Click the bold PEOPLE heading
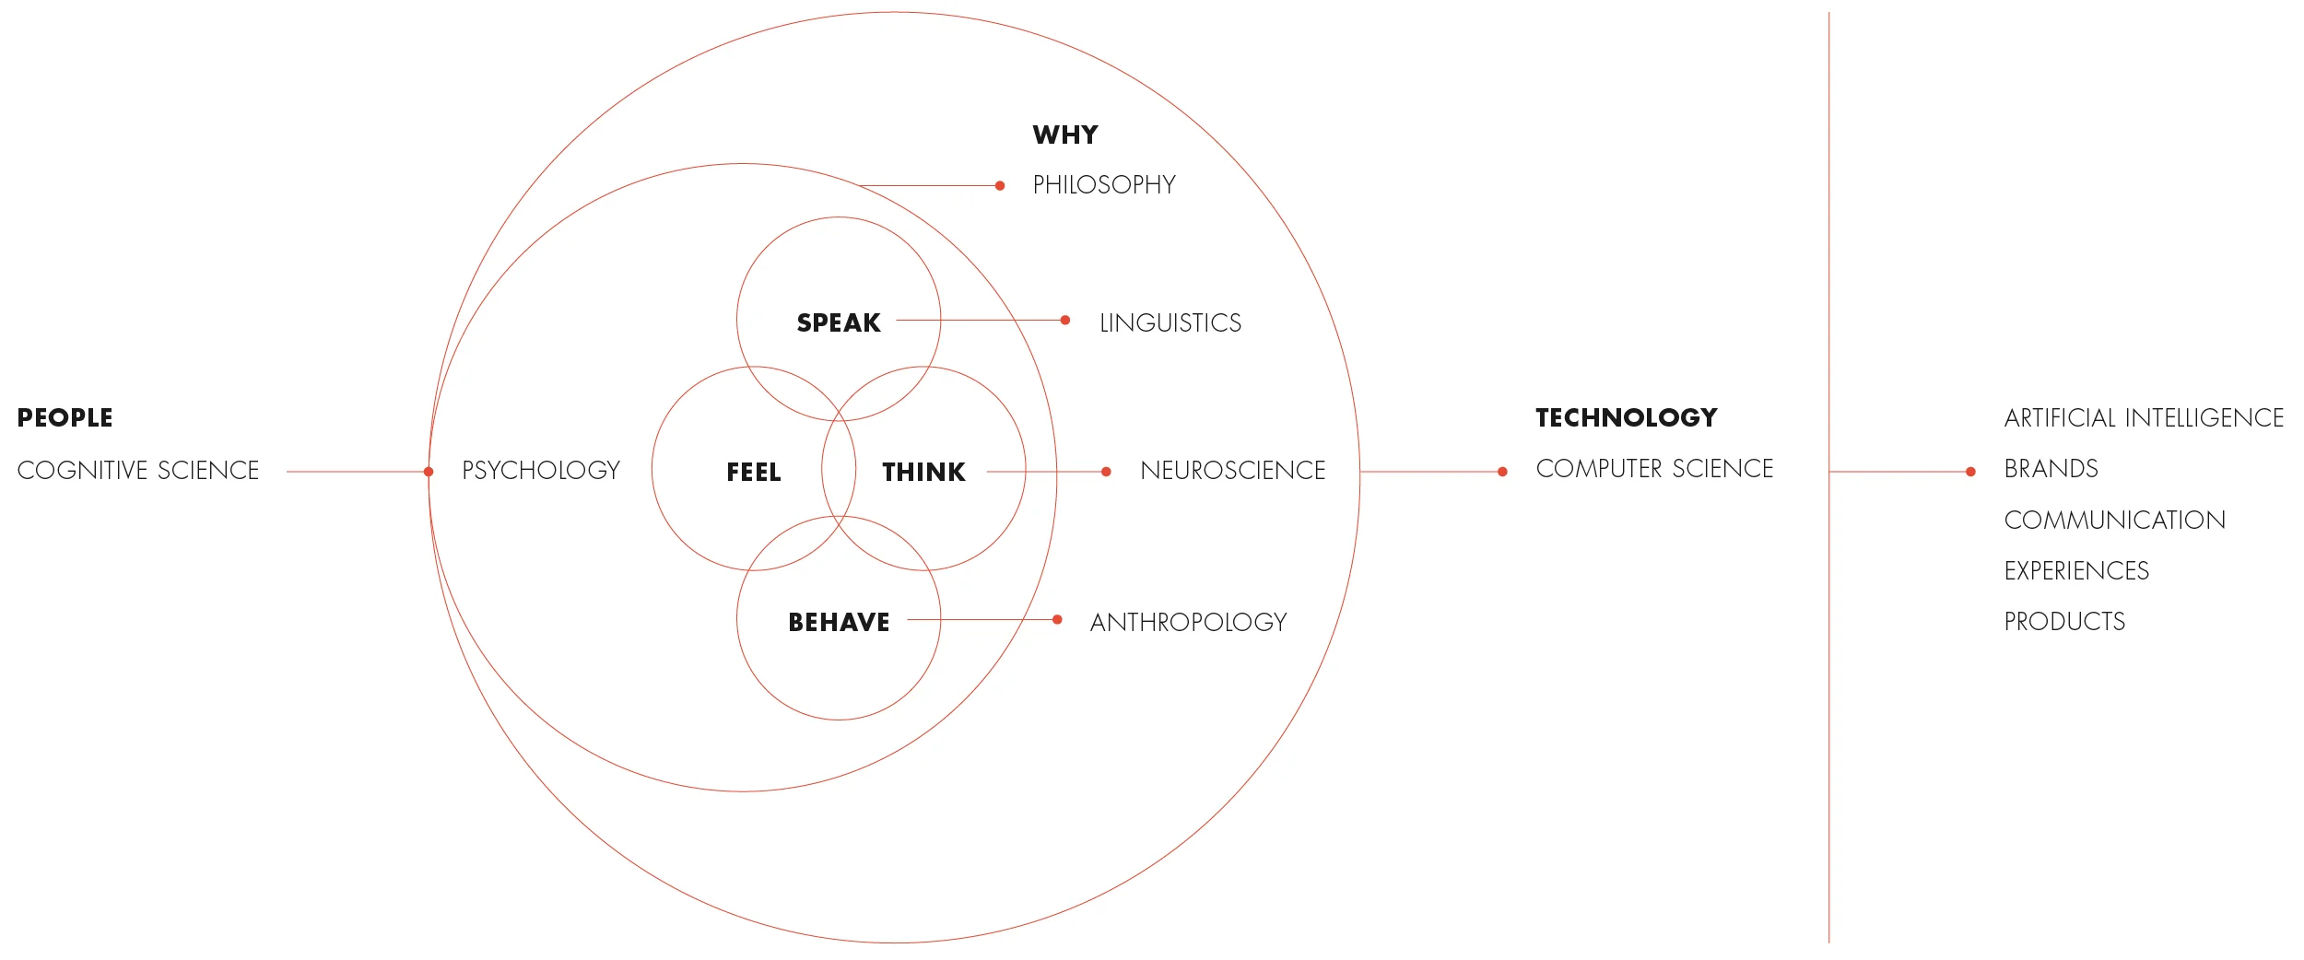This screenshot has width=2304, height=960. point(65,418)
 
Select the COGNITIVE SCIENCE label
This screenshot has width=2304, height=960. point(138,471)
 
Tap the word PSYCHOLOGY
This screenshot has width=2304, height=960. point(541,471)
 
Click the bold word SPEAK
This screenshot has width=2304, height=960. point(839,323)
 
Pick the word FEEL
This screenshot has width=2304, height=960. point(754,473)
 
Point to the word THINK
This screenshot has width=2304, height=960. point(923,473)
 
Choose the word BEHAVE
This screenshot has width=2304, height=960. point(839,623)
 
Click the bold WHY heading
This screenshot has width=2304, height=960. point(1065,135)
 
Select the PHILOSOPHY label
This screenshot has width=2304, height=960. point(1104,185)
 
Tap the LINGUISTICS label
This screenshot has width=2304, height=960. point(1170,323)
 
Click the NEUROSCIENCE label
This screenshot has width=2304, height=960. point(1233,471)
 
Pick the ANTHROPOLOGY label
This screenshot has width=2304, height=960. point(1189,623)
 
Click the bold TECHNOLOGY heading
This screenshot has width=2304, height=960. point(1627,418)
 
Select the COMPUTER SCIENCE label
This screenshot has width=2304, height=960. point(1654,469)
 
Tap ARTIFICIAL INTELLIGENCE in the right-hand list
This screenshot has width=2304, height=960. point(2144,418)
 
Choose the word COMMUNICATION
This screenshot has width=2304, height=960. point(2115,521)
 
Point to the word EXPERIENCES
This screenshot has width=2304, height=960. point(2076,571)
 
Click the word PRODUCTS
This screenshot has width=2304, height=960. point(2064,622)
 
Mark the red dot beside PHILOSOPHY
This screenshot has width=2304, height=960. point(1000,186)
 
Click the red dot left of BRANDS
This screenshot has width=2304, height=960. point(1970,472)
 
